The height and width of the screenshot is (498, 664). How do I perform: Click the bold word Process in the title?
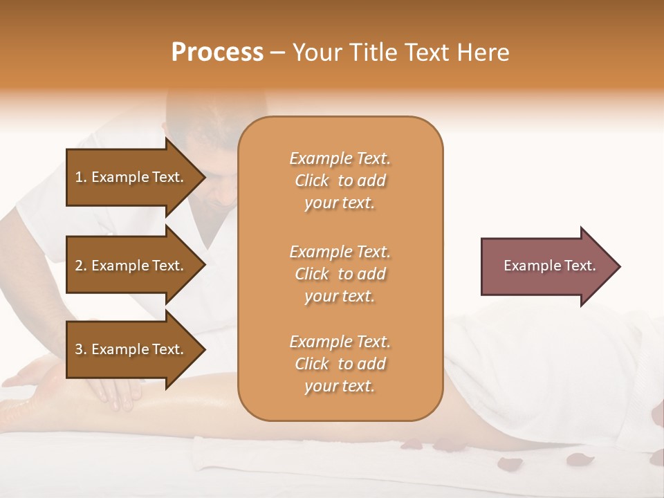click(217, 53)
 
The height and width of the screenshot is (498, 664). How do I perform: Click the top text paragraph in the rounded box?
click(340, 181)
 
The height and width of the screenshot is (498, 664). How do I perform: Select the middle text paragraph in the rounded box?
click(340, 274)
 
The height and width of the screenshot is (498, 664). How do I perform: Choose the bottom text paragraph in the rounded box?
click(340, 364)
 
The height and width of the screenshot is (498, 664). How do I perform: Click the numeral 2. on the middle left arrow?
click(81, 266)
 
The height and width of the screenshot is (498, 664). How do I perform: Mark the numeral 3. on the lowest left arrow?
click(81, 349)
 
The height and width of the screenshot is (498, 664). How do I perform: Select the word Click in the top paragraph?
click(312, 181)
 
